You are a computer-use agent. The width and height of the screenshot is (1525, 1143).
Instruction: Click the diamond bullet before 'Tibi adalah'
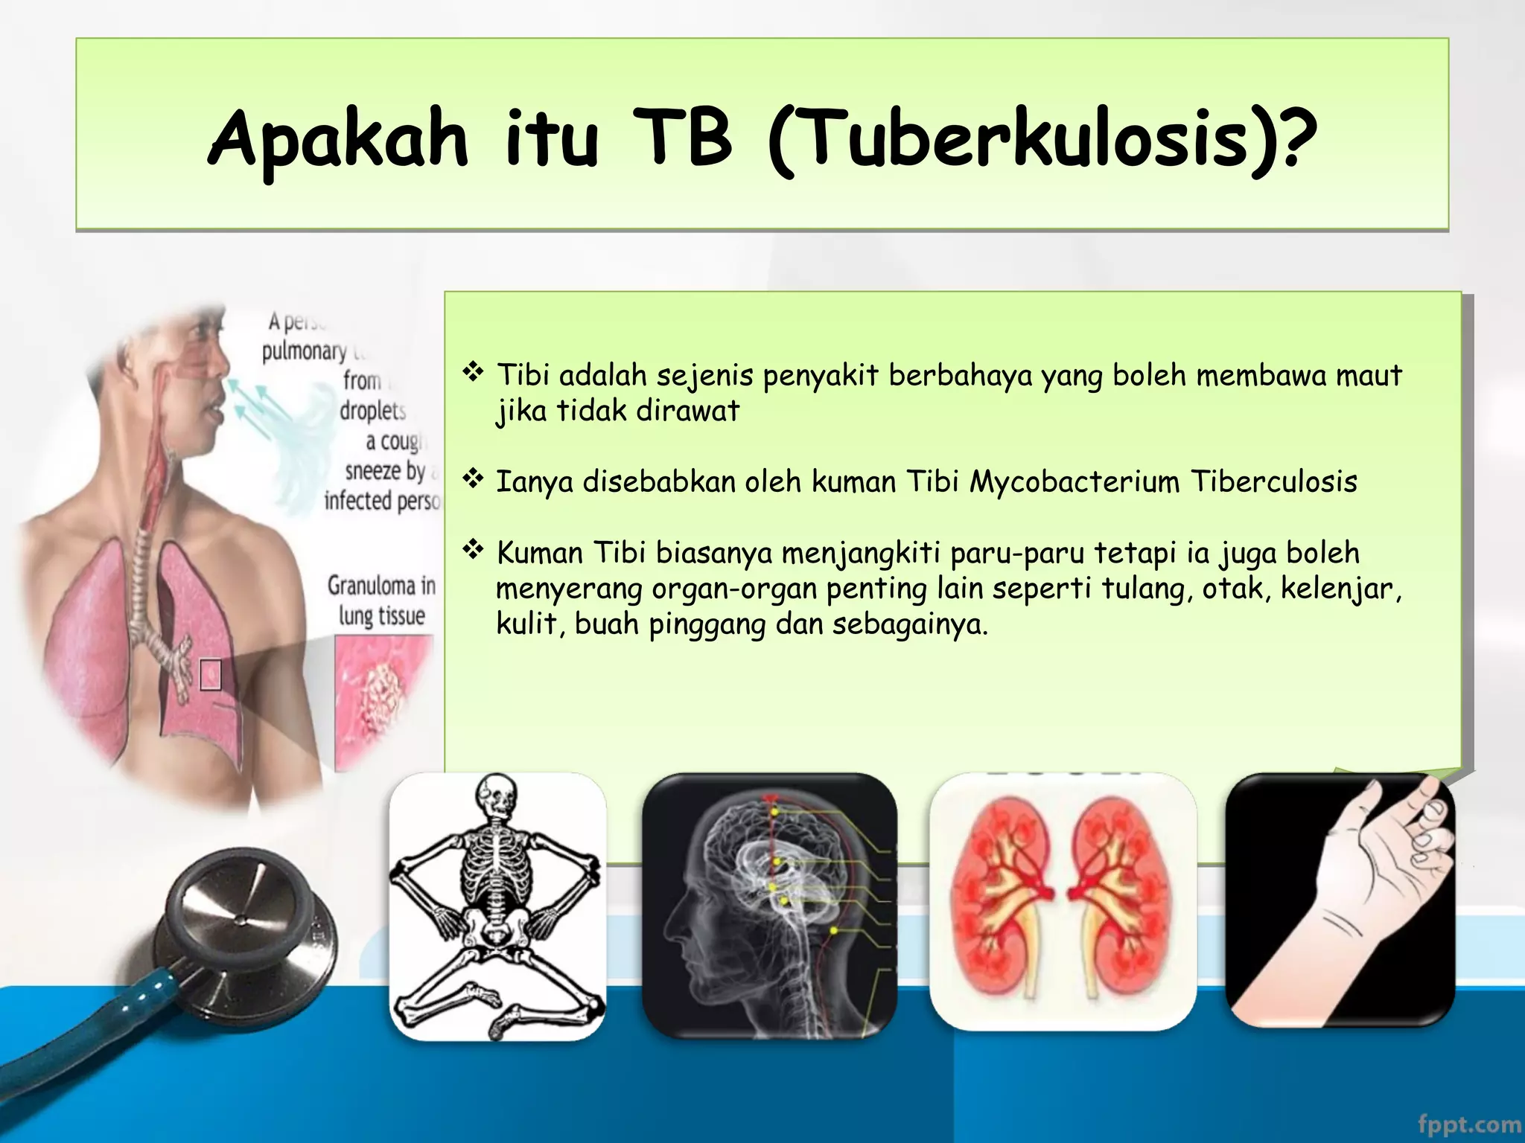tap(473, 371)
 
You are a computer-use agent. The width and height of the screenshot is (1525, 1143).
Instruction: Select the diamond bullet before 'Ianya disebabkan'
tap(473, 478)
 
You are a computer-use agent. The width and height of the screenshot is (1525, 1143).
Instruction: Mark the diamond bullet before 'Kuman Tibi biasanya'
tap(473, 550)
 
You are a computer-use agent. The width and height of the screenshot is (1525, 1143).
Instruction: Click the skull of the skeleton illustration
tap(495, 795)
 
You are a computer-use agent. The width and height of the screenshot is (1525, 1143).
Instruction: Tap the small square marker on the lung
tap(211, 674)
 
